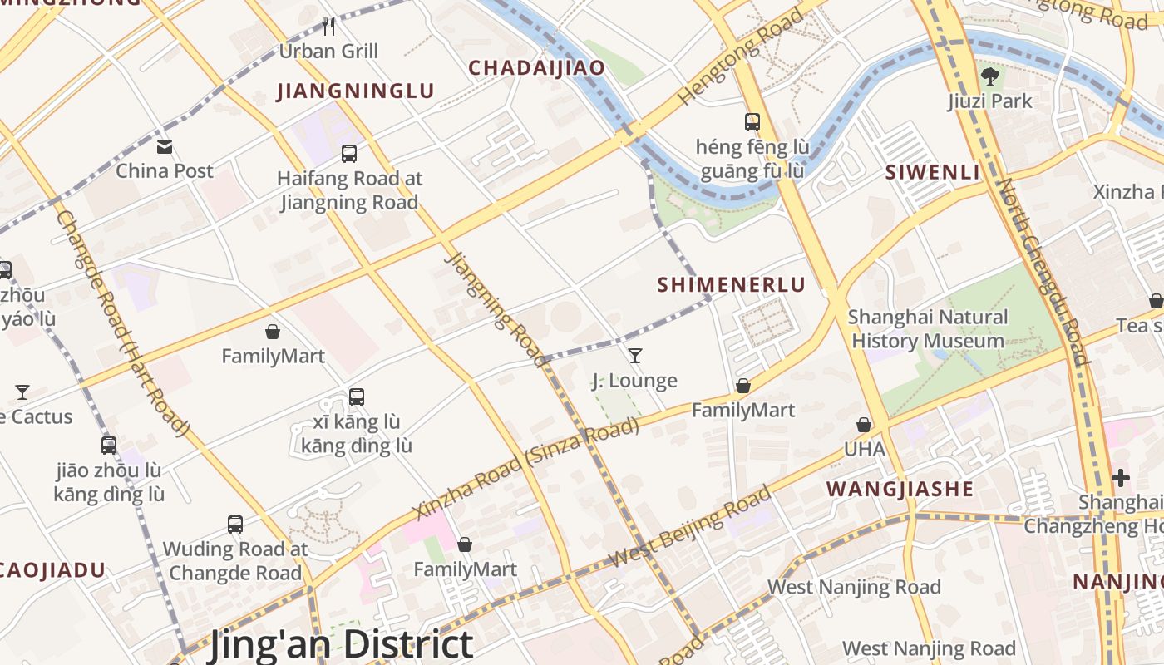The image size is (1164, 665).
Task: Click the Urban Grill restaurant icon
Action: click(x=328, y=27)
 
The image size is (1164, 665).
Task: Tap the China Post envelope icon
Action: click(x=165, y=147)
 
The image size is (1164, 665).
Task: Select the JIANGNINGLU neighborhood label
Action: click(x=356, y=91)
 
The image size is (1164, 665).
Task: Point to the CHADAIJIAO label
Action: click(x=536, y=68)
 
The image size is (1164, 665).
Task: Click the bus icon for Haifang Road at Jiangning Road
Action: click(x=349, y=154)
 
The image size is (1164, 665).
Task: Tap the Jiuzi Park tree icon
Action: click(x=989, y=77)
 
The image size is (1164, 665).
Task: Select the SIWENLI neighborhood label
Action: click(x=933, y=173)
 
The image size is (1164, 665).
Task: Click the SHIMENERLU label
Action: click(x=732, y=285)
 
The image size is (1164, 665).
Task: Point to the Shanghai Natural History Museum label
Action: click(x=928, y=329)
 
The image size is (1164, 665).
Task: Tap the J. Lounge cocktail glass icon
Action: click(x=635, y=356)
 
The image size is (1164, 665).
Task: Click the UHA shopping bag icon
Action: click(x=864, y=425)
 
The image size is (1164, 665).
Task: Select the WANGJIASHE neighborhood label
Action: click(x=900, y=489)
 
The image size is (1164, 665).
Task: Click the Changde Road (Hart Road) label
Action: click(x=123, y=323)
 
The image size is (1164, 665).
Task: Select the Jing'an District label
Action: click(x=341, y=645)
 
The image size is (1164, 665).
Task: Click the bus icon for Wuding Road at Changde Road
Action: click(x=235, y=525)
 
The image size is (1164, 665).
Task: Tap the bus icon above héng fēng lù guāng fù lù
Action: click(x=752, y=122)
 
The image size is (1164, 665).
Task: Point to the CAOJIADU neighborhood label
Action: click(x=53, y=570)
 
